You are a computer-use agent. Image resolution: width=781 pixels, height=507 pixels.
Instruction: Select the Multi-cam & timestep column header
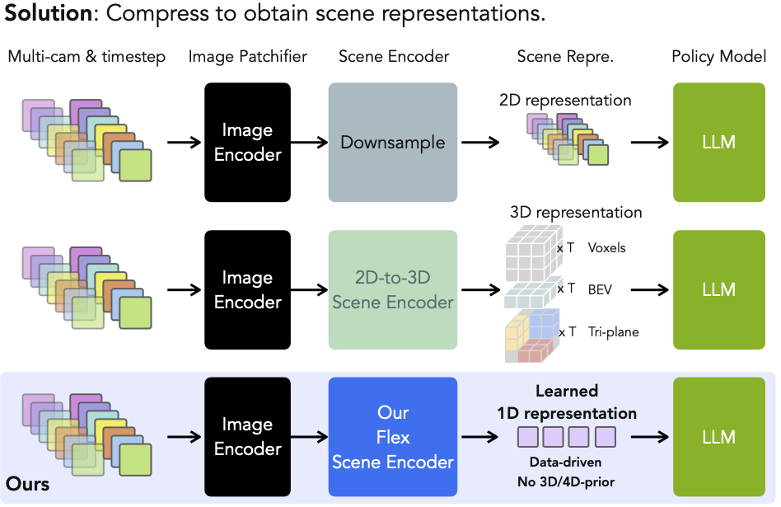pyautogui.click(x=87, y=57)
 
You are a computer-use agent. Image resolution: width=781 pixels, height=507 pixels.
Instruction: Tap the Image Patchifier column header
pyautogui.click(x=247, y=57)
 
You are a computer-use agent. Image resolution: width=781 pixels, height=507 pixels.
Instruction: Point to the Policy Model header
pyautogui.click(x=718, y=57)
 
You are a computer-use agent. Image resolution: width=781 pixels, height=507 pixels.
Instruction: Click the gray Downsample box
pyautogui.click(x=392, y=143)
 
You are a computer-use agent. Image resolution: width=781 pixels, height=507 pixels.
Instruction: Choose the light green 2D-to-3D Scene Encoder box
pyautogui.click(x=392, y=290)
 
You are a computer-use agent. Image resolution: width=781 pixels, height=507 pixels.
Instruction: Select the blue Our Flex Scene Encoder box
pyautogui.click(x=392, y=437)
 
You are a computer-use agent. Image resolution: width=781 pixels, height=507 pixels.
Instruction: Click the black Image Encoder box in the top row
pyautogui.click(x=247, y=143)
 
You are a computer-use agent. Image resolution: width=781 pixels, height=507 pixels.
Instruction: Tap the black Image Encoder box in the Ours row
pyautogui.click(x=247, y=437)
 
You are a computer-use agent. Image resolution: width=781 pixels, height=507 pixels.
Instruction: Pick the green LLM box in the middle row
pyautogui.click(x=718, y=290)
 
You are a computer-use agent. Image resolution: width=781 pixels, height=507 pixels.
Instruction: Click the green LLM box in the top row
pyautogui.click(x=718, y=143)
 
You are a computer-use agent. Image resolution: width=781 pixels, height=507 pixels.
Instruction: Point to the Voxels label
pyautogui.click(x=606, y=248)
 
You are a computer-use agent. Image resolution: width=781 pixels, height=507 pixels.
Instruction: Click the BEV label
pyautogui.click(x=599, y=289)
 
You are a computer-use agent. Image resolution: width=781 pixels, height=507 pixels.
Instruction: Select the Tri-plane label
pyautogui.click(x=612, y=332)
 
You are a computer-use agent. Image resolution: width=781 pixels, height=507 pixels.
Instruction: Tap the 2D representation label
pyautogui.click(x=565, y=101)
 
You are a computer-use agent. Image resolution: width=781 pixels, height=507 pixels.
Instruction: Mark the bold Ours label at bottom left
pyautogui.click(x=28, y=483)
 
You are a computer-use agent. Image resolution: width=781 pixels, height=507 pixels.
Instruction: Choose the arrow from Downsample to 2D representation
pyautogui.click(x=480, y=143)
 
